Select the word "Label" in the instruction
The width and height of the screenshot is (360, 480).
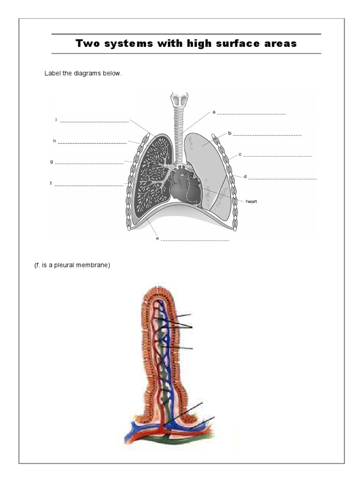[52, 73]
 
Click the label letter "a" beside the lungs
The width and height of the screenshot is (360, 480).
[214, 112]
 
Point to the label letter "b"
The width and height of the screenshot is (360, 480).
[230, 133]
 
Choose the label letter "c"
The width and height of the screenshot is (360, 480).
[240, 154]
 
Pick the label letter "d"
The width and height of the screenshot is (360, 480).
[245, 177]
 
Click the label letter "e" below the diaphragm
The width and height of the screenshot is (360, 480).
[157, 238]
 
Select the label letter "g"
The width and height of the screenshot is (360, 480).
[52, 161]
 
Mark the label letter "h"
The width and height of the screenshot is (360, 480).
[54, 141]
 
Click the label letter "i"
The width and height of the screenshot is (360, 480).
[56, 120]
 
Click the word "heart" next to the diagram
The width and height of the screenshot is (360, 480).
[252, 201]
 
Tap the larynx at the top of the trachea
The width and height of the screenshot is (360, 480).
[179, 100]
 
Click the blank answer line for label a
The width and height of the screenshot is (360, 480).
[251, 114]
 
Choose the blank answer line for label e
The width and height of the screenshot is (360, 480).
[195, 240]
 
